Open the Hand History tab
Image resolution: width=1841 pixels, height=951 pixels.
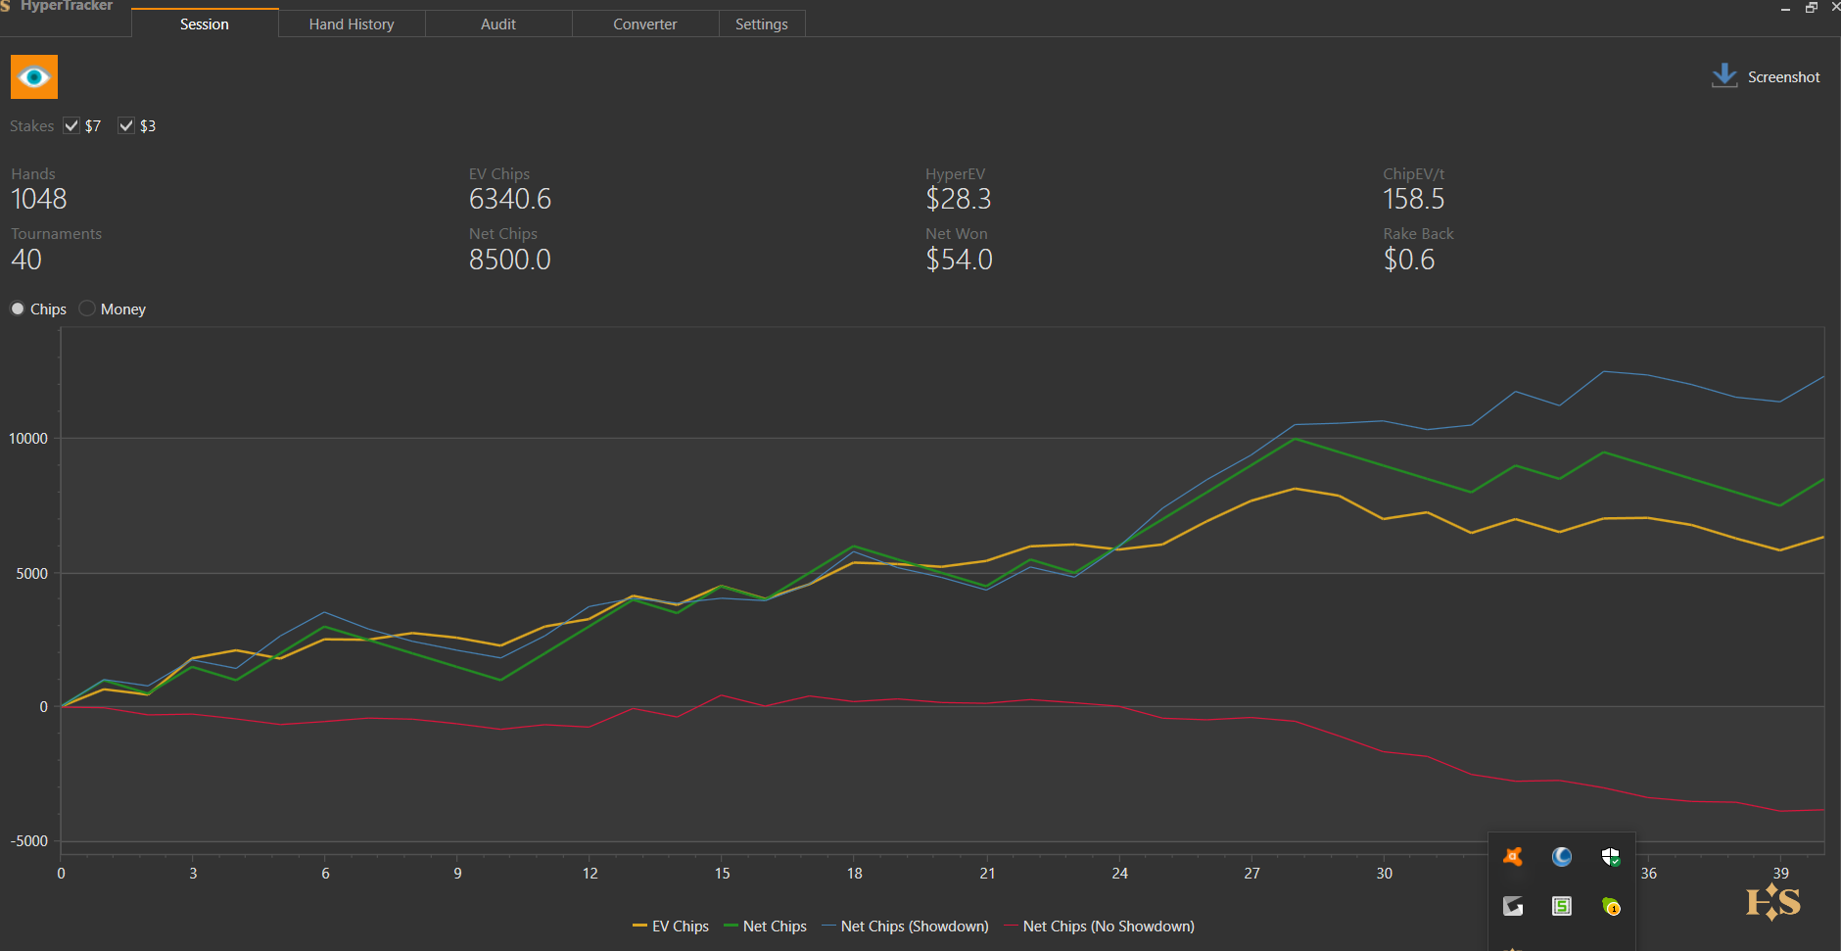pyautogui.click(x=352, y=24)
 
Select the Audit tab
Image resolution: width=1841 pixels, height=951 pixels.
pyautogui.click(x=498, y=24)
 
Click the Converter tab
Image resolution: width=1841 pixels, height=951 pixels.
pyautogui.click(x=644, y=24)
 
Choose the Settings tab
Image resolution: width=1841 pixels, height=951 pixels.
pyautogui.click(x=761, y=24)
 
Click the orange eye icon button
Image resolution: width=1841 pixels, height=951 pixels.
pyautogui.click(x=34, y=77)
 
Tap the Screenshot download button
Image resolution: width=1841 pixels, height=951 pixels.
pyautogui.click(x=1765, y=76)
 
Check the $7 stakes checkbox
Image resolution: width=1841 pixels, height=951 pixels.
pyautogui.click(x=71, y=125)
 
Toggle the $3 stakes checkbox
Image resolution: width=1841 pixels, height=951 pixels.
pyautogui.click(x=126, y=125)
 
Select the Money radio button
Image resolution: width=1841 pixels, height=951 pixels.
pyautogui.click(x=88, y=309)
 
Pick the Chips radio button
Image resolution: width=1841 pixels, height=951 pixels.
pyautogui.click(x=18, y=309)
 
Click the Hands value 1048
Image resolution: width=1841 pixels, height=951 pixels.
pyautogui.click(x=39, y=199)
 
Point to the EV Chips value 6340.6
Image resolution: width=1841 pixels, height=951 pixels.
pyautogui.click(x=510, y=199)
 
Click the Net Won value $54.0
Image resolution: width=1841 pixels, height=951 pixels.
pyautogui.click(x=960, y=260)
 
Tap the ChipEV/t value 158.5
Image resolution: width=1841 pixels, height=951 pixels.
pyautogui.click(x=1413, y=199)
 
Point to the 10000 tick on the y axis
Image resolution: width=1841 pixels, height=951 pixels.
pyautogui.click(x=28, y=438)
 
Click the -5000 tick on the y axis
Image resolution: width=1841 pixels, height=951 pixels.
pyautogui.click(x=29, y=841)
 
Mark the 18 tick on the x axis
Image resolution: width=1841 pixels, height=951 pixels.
pyautogui.click(x=855, y=873)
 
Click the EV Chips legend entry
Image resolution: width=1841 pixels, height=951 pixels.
pyautogui.click(x=671, y=927)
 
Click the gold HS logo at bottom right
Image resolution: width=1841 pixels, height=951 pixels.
pyautogui.click(x=1772, y=902)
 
